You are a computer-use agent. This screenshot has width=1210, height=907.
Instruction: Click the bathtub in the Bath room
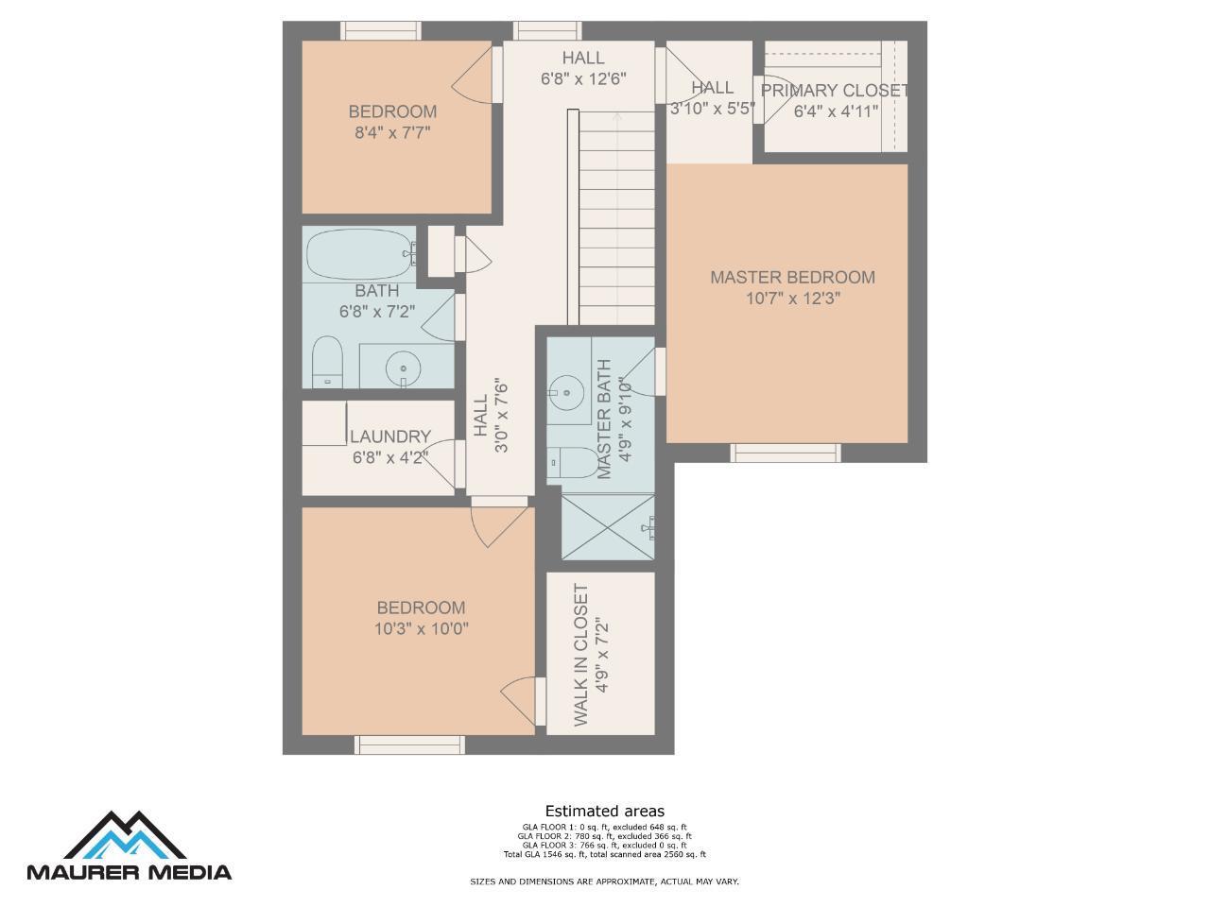[x=360, y=255]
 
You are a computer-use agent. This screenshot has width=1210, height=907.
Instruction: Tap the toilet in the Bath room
[x=327, y=362]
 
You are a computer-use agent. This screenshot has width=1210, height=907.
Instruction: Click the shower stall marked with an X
[x=608, y=527]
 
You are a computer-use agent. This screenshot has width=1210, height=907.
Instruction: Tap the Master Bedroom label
[x=792, y=277]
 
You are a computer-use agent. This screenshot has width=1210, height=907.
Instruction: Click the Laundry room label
[x=390, y=436]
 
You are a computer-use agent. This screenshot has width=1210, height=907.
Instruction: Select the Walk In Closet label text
[x=581, y=655]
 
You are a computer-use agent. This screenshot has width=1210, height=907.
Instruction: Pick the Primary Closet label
[x=835, y=91]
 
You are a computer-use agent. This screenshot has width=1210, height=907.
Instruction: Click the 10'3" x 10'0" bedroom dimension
[x=422, y=629]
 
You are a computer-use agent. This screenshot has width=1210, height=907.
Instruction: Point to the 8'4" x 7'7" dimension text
[x=392, y=132]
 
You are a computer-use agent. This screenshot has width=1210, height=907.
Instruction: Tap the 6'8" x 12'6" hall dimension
[x=583, y=79]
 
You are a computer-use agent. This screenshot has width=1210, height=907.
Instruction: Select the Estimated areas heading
[x=605, y=811]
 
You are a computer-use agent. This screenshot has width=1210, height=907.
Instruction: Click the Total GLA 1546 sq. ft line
[x=605, y=854]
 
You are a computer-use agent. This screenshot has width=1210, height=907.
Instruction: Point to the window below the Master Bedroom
[x=786, y=453]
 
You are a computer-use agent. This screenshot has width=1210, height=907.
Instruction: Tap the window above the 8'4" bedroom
[x=380, y=30]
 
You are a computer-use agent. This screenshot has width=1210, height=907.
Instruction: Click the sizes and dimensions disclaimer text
[x=604, y=881]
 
